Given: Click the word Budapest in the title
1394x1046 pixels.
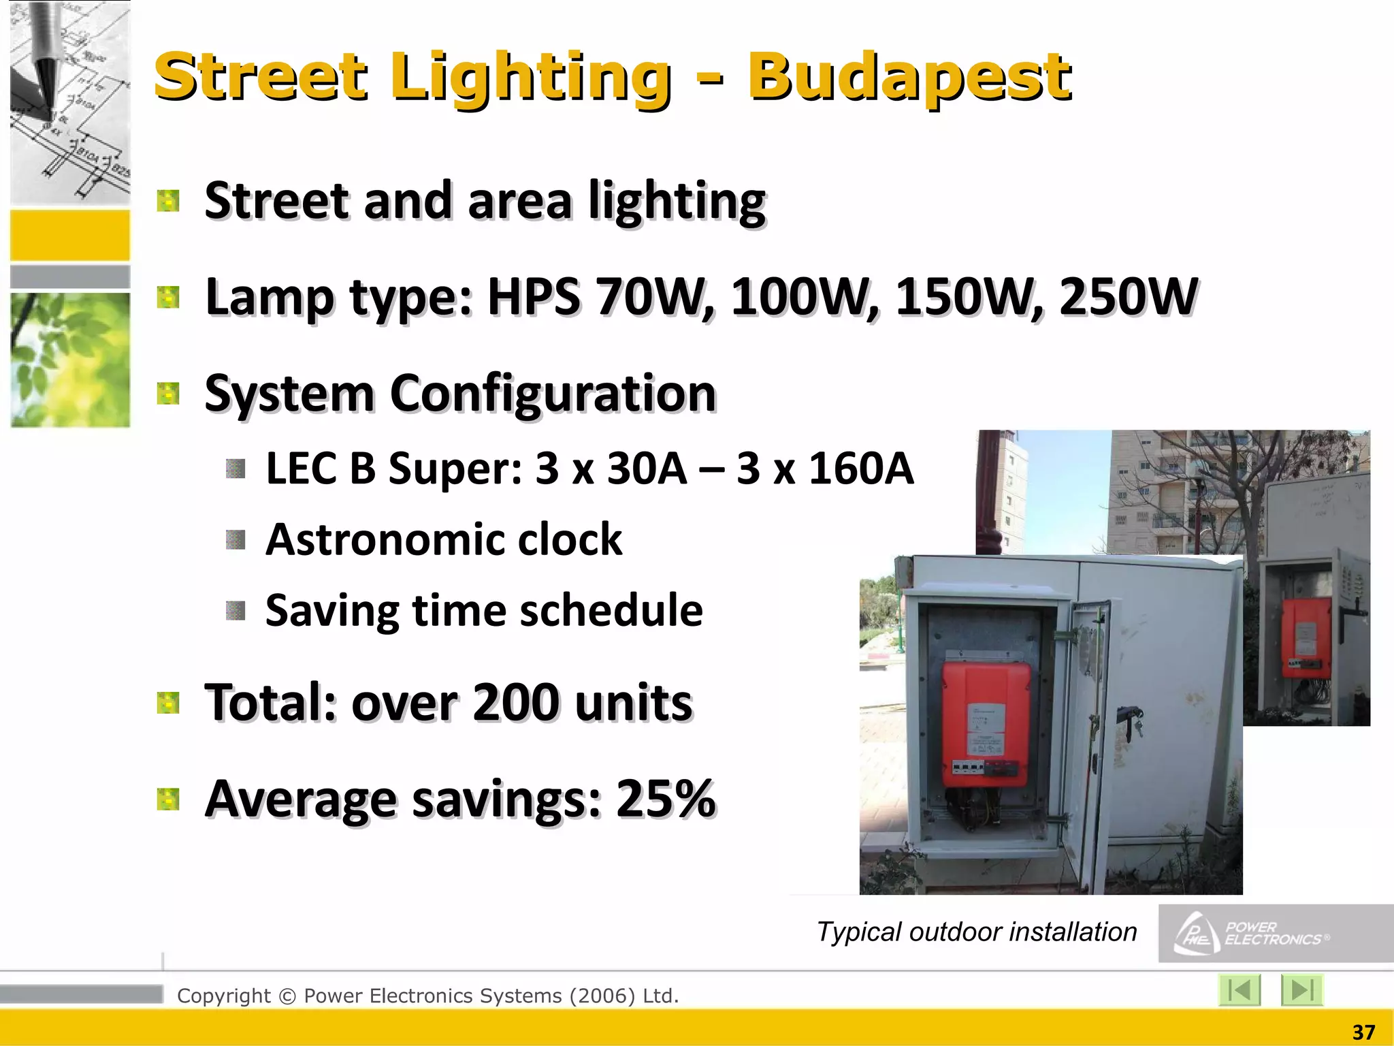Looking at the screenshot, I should [909, 76].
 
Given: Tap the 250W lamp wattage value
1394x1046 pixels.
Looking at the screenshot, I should [1129, 297].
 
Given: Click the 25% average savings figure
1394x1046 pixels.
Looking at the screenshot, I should [665, 798].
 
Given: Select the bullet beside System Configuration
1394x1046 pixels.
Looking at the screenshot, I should [167, 394].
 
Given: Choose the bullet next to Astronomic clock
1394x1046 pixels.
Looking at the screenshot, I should [236, 540].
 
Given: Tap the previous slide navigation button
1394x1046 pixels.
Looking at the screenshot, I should [1239, 989].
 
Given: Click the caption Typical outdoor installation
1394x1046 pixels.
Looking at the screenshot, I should [976, 932].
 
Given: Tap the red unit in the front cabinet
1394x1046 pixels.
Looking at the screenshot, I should [986, 723].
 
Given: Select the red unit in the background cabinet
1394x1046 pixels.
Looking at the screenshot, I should [1306, 636].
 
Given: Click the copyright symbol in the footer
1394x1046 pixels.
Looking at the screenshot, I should [287, 996].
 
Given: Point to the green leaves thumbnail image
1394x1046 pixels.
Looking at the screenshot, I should [70, 360].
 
